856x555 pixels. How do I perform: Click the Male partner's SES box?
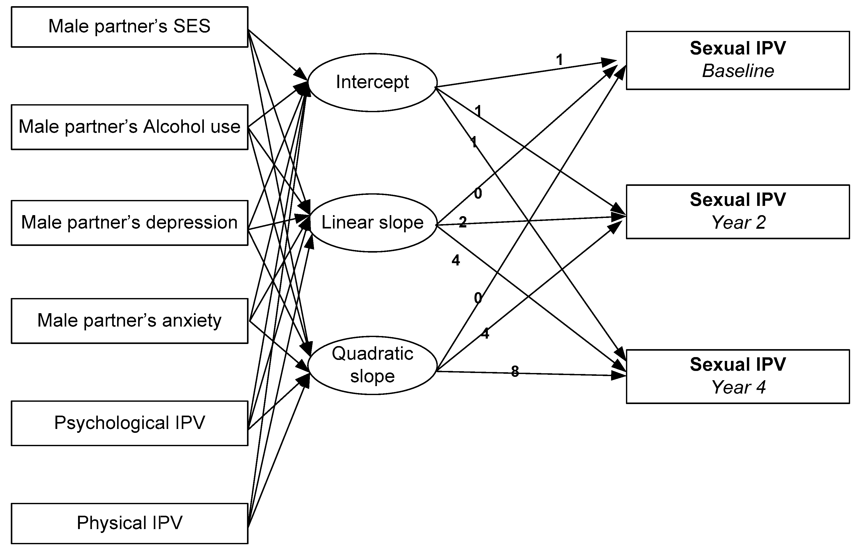coord(129,27)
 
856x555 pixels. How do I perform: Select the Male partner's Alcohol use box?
coord(129,127)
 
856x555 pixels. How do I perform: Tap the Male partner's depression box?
coord(129,223)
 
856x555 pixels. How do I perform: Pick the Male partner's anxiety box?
coord(129,320)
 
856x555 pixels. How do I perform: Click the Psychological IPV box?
coord(129,423)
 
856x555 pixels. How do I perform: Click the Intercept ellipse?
coord(372,82)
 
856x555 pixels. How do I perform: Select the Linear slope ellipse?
coord(372,223)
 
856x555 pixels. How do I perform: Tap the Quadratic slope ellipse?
coord(372,365)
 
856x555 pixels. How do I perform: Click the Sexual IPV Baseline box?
coord(738,60)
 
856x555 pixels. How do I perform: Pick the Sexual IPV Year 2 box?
coord(738,212)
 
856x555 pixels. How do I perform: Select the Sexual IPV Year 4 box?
coord(738,376)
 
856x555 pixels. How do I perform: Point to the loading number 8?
coord(515,371)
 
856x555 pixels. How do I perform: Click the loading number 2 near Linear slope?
coord(462,222)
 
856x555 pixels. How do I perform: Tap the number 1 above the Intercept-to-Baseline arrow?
coord(559,60)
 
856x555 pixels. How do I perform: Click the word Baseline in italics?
coord(738,71)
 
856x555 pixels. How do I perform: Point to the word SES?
coord(192,27)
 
